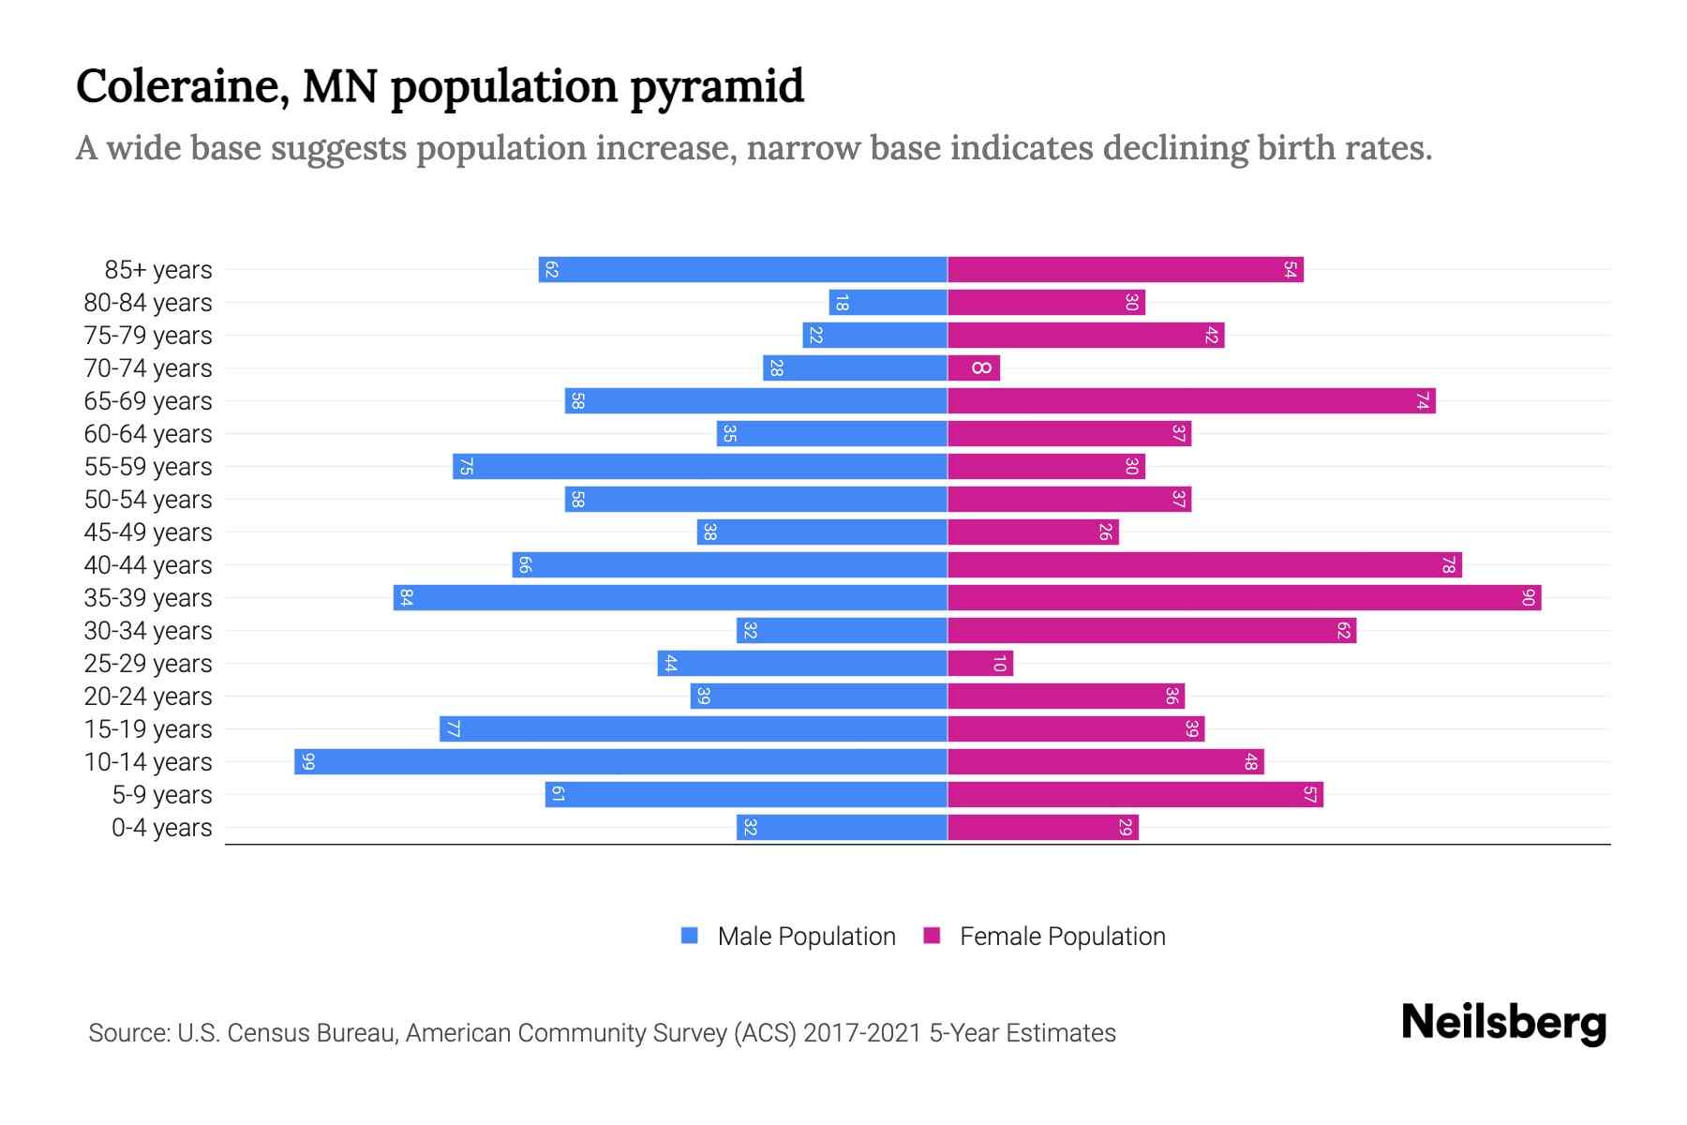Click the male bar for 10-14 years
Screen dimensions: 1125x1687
coord(620,761)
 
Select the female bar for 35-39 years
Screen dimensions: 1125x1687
coord(1244,597)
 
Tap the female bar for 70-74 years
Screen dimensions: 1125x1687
coord(974,367)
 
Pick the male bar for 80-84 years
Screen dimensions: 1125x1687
coord(888,302)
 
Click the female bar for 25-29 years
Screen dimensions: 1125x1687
coord(980,663)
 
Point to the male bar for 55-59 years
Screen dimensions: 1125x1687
coord(699,466)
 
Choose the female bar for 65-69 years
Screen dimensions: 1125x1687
coord(1191,400)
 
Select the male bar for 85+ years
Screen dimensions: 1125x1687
coord(742,269)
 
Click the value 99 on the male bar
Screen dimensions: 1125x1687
coord(308,761)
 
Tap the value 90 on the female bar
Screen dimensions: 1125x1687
coord(1528,597)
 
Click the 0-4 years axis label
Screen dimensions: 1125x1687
coord(161,828)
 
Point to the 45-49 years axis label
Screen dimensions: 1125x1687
coord(148,532)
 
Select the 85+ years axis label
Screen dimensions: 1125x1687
coord(158,270)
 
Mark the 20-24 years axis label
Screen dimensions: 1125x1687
coord(148,697)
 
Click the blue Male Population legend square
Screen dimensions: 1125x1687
coord(690,936)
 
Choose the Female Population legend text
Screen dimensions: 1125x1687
coord(1062,936)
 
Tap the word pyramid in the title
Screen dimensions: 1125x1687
coord(717,86)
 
